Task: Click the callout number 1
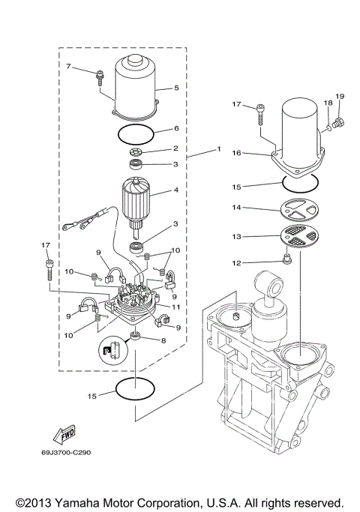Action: [x=219, y=149]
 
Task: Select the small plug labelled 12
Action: [x=287, y=262]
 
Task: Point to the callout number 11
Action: [x=176, y=306]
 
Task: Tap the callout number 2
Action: [x=175, y=148]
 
